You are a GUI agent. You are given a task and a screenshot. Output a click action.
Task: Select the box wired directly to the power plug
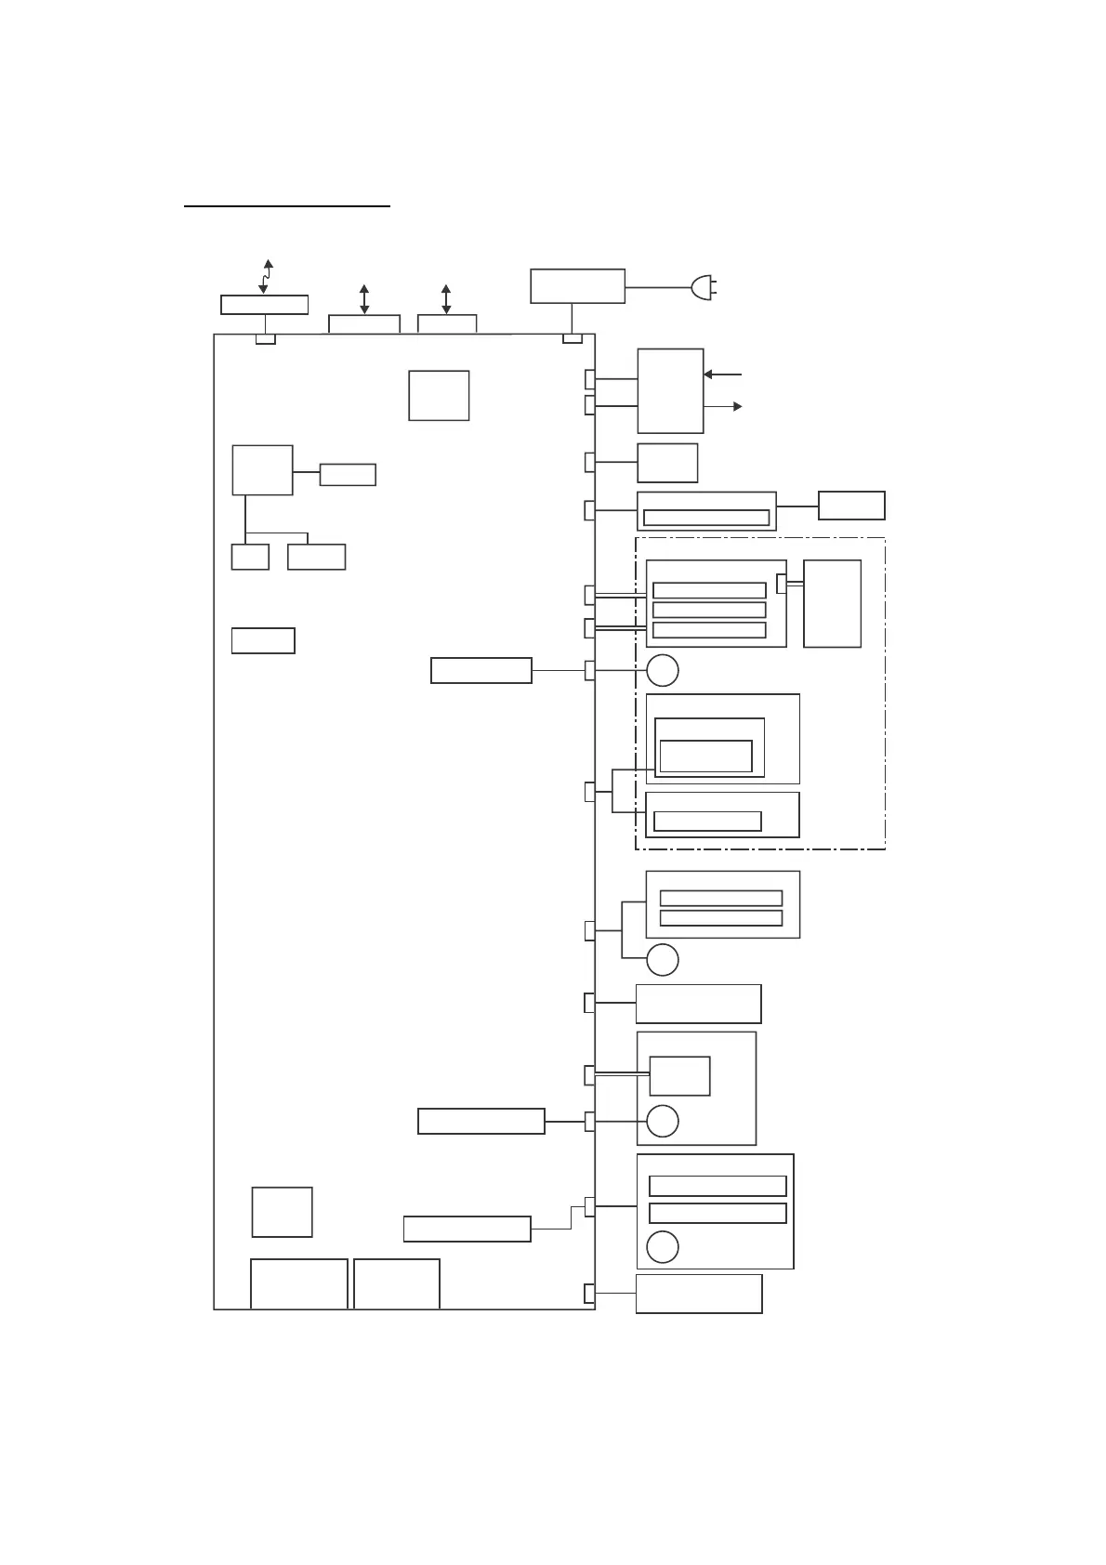point(577,286)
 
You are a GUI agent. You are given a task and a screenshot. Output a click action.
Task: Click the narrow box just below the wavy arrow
point(264,305)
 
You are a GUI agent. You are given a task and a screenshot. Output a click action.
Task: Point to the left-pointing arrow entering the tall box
point(722,375)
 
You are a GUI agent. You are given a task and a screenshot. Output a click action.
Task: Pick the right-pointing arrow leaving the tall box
point(723,406)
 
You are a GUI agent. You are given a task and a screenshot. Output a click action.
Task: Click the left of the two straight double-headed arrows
point(364,298)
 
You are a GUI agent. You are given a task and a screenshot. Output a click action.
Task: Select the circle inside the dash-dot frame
point(662,670)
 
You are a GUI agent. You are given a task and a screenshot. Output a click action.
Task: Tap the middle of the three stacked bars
point(709,611)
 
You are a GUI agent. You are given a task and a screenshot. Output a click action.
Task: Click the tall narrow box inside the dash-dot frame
point(832,603)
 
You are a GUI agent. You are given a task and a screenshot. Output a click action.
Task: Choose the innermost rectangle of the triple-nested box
point(705,756)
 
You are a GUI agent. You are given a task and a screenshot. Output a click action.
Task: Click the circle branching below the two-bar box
point(662,960)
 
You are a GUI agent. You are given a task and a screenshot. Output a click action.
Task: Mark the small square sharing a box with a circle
point(679,1076)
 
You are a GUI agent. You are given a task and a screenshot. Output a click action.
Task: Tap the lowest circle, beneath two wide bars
point(662,1247)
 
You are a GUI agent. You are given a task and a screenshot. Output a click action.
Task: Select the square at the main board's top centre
point(439,395)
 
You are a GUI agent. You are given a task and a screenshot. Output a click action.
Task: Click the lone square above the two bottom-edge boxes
point(282,1212)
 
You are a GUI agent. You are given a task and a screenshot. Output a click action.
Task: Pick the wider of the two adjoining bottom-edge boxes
point(299,1284)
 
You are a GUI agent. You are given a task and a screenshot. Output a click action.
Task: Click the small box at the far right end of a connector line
point(851,506)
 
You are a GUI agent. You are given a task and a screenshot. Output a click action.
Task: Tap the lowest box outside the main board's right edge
point(699,1294)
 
